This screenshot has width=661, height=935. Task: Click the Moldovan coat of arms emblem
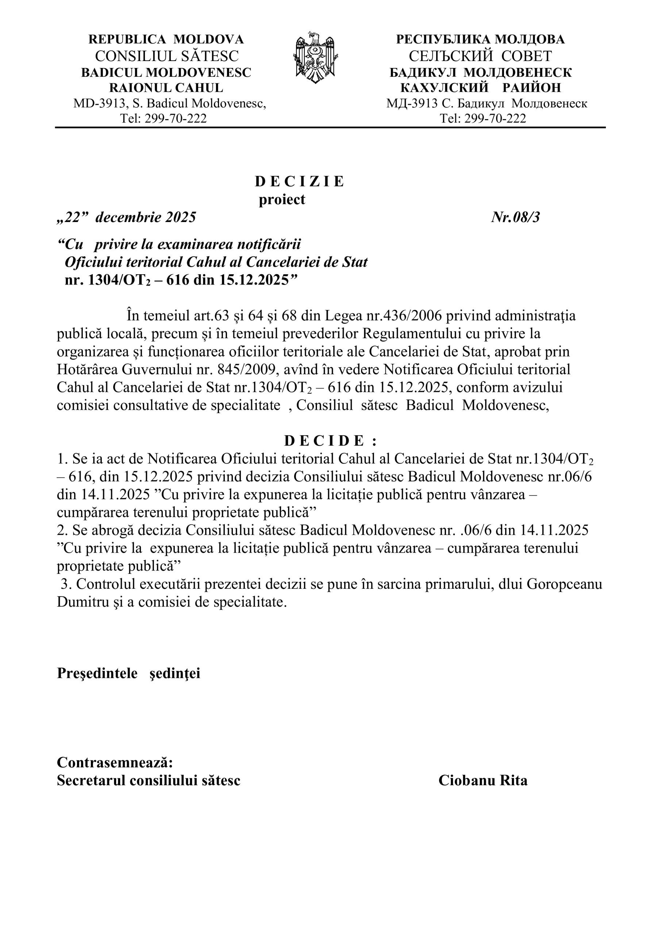(x=315, y=57)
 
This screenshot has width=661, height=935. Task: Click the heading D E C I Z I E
(x=300, y=182)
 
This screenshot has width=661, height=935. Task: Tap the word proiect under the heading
(x=282, y=199)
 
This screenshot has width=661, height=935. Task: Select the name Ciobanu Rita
(x=483, y=780)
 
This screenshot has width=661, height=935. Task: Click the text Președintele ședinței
(x=128, y=673)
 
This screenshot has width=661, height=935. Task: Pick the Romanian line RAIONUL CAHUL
(x=166, y=88)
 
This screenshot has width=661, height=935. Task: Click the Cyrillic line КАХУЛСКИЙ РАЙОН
(x=480, y=88)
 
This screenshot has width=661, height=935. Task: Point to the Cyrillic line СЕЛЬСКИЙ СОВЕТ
(x=480, y=56)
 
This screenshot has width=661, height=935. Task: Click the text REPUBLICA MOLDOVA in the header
(x=166, y=39)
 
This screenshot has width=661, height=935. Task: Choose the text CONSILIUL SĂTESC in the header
(x=166, y=56)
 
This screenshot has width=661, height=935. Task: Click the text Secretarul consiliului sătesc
(x=149, y=780)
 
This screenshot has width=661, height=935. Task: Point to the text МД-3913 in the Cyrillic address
(x=412, y=103)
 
